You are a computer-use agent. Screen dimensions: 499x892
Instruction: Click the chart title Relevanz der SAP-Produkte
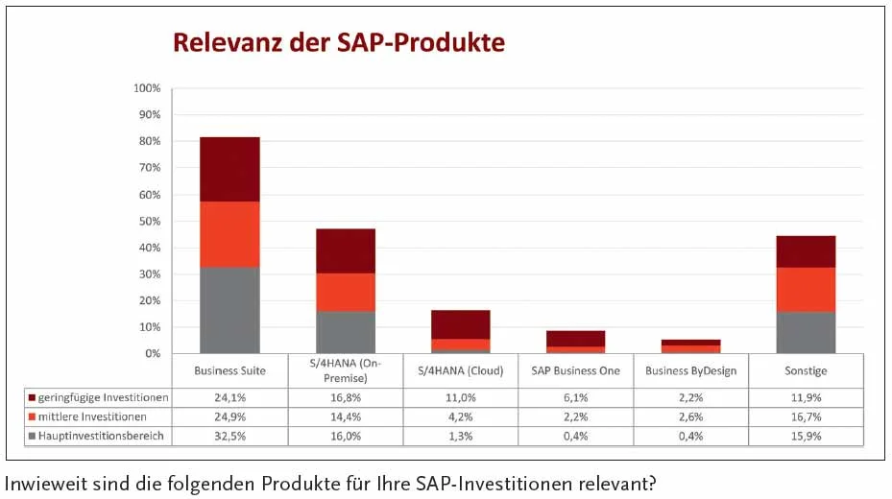click(x=338, y=42)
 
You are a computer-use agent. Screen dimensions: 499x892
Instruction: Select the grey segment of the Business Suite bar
click(x=229, y=310)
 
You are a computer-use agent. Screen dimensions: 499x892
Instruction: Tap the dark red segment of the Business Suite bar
click(x=229, y=169)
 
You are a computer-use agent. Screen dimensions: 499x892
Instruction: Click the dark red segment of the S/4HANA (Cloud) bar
click(x=461, y=324)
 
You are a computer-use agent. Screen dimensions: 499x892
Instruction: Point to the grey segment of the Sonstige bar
click(x=806, y=332)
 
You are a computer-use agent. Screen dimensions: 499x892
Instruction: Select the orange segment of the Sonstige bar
click(x=806, y=289)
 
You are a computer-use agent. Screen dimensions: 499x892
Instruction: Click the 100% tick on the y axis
click(x=147, y=88)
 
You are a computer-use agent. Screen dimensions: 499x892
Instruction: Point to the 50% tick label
click(x=149, y=221)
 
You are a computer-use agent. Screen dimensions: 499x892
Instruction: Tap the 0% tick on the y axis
click(x=152, y=353)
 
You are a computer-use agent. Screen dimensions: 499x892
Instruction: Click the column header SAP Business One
click(x=575, y=370)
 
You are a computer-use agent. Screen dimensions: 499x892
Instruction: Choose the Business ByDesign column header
click(x=690, y=370)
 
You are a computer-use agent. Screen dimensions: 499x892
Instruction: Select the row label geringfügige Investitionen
click(x=103, y=397)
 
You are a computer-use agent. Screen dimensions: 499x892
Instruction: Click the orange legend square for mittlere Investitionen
click(x=32, y=416)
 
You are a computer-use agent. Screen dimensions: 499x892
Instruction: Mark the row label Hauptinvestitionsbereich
click(x=101, y=436)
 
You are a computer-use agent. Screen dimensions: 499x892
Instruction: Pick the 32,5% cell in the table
click(x=229, y=436)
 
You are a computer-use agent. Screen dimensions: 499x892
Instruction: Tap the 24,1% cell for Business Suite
click(x=229, y=397)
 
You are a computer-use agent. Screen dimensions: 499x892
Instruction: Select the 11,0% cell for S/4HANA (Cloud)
click(x=460, y=397)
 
